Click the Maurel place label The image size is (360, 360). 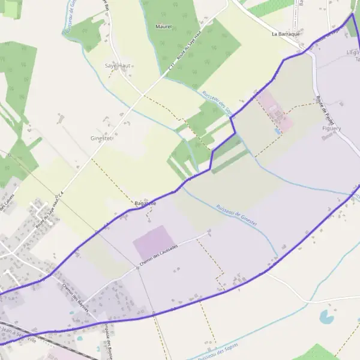(163, 26)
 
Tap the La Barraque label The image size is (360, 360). (285, 34)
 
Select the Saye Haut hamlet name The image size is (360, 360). (118, 65)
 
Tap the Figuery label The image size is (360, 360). (331, 128)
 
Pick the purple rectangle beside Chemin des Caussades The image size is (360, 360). (155, 243)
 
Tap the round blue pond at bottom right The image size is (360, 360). (327, 316)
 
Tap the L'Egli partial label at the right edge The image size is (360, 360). (353, 53)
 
